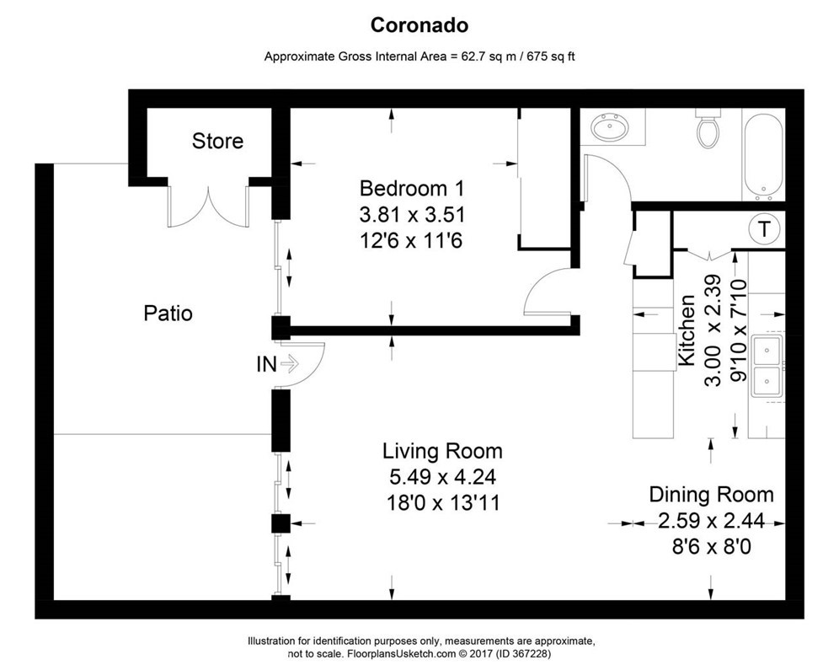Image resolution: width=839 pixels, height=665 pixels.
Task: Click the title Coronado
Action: (419, 25)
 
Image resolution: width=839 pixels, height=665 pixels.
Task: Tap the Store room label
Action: (217, 141)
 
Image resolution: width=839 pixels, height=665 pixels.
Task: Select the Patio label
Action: (168, 314)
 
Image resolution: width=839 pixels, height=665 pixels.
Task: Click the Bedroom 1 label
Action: (411, 187)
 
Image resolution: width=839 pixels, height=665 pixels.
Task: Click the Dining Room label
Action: (710, 494)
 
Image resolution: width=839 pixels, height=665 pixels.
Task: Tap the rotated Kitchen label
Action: (687, 331)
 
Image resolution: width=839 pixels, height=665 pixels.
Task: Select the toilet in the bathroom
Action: (708, 131)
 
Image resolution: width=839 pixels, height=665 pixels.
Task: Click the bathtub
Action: (763, 155)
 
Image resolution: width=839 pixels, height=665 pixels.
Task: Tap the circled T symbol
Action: (763, 228)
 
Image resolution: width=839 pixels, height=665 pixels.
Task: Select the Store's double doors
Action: (208, 205)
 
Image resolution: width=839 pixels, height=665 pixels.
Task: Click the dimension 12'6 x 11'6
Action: (411, 242)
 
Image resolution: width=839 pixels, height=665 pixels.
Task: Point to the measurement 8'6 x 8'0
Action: (710, 547)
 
